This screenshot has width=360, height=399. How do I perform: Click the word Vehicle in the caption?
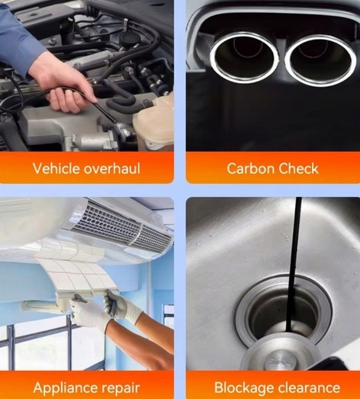(x=56, y=169)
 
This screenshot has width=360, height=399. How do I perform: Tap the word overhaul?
(x=112, y=169)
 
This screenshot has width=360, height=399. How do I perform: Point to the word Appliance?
(x=66, y=388)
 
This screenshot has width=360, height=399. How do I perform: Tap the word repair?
(x=121, y=388)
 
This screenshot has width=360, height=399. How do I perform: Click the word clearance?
(x=307, y=388)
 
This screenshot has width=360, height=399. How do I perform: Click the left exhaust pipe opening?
(x=245, y=58)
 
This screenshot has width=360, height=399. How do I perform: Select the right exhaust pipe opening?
(x=320, y=60)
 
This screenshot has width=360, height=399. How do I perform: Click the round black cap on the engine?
(x=127, y=40)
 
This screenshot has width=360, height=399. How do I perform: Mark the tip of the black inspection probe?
(x=115, y=122)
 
